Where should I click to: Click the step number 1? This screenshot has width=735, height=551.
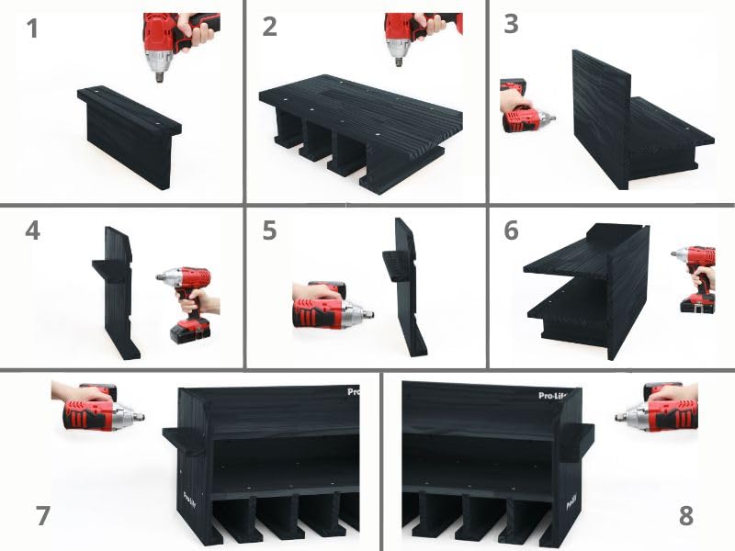33,29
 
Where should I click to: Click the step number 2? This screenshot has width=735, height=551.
269,27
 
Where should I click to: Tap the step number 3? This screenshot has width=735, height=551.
511,24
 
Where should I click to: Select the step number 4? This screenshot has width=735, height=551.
33,230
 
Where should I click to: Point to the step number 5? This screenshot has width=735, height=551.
269,230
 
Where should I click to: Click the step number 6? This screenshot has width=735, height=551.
511,230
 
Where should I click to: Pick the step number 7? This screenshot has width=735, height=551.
42,516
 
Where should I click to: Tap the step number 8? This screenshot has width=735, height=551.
686,516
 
